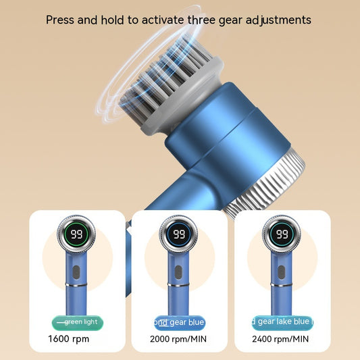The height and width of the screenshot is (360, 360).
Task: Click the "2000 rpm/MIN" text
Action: [x=179, y=338]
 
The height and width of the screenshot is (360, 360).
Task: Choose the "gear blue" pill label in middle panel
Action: [x=179, y=322]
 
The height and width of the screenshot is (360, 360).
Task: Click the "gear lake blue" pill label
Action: [x=282, y=322]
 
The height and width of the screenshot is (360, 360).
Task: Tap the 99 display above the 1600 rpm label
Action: [x=76, y=234]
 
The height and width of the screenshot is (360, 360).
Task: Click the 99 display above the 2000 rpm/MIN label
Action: [x=179, y=234]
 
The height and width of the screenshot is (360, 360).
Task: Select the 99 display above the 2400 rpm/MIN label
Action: [x=282, y=234]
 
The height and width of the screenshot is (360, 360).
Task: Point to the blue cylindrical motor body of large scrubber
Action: [x=223, y=135]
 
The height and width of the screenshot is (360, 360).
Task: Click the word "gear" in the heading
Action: [x=238, y=20]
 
